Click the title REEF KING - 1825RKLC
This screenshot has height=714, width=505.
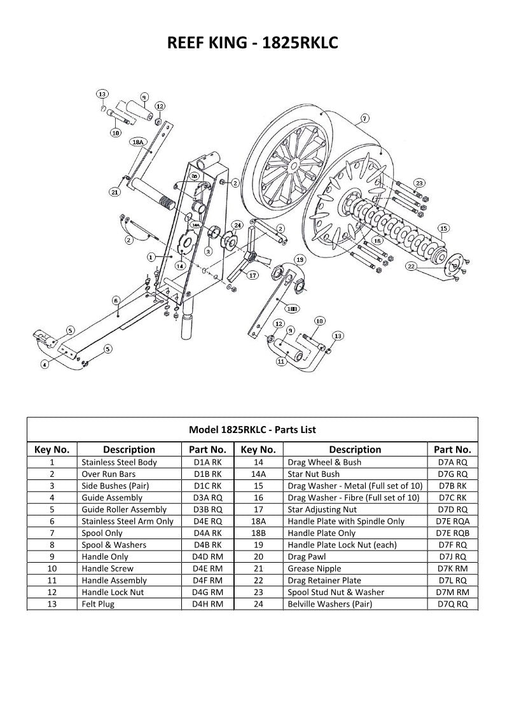[252, 43]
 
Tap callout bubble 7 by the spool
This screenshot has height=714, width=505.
[364, 118]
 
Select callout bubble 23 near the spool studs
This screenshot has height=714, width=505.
[419, 183]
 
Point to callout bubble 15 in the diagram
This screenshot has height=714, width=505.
[443, 228]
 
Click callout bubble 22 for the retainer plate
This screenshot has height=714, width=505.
[412, 266]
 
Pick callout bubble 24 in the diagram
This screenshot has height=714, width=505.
[237, 225]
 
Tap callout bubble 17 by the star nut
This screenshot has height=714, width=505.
[253, 275]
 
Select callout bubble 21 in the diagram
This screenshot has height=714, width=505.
[115, 191]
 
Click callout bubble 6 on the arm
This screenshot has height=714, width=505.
[116, 300]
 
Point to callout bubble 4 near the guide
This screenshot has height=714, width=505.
[45, 364]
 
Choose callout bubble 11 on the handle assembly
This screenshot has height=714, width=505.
[281, 361]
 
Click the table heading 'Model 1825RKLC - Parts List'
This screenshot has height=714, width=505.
[252, 430]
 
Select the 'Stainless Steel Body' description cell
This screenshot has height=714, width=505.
[119, 462]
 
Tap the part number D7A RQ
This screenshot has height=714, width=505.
[453, 462]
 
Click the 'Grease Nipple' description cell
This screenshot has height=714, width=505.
[314, 568]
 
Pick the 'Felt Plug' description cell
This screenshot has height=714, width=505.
[98, 604]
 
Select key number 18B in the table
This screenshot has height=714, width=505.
[258, 533]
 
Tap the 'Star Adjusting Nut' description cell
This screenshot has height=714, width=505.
[322, 509]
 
